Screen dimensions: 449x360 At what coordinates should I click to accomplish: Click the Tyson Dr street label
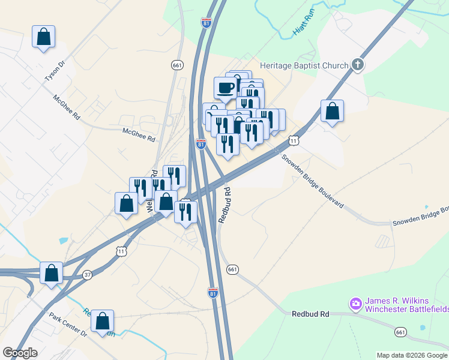tap(54, 71)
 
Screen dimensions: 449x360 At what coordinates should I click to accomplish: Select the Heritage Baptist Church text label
tap(304, 65)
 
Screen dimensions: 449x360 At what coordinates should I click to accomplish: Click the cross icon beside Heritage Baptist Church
tap(358, 65)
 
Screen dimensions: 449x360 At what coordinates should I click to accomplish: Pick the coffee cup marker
tap(226, 88)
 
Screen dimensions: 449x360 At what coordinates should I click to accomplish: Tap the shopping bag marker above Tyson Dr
tap(43, 37)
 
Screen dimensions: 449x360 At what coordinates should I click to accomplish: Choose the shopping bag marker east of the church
tap(332, 111)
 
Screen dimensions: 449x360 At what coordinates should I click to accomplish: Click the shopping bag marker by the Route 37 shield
tap(52, 272)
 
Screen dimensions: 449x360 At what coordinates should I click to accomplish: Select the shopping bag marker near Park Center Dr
tap(103, 321)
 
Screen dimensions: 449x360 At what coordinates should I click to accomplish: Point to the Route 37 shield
tap(88, 275)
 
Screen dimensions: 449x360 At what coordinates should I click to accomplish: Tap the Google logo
tap(20, 353)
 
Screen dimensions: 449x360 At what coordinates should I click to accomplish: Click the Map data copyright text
tap(412, 355)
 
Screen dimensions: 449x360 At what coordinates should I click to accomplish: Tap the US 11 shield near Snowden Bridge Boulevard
tap(293, 140)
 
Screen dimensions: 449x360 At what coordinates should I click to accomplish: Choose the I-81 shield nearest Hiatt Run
tap(206, 23)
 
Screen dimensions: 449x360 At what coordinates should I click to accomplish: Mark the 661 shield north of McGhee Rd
tap(176, 65)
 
